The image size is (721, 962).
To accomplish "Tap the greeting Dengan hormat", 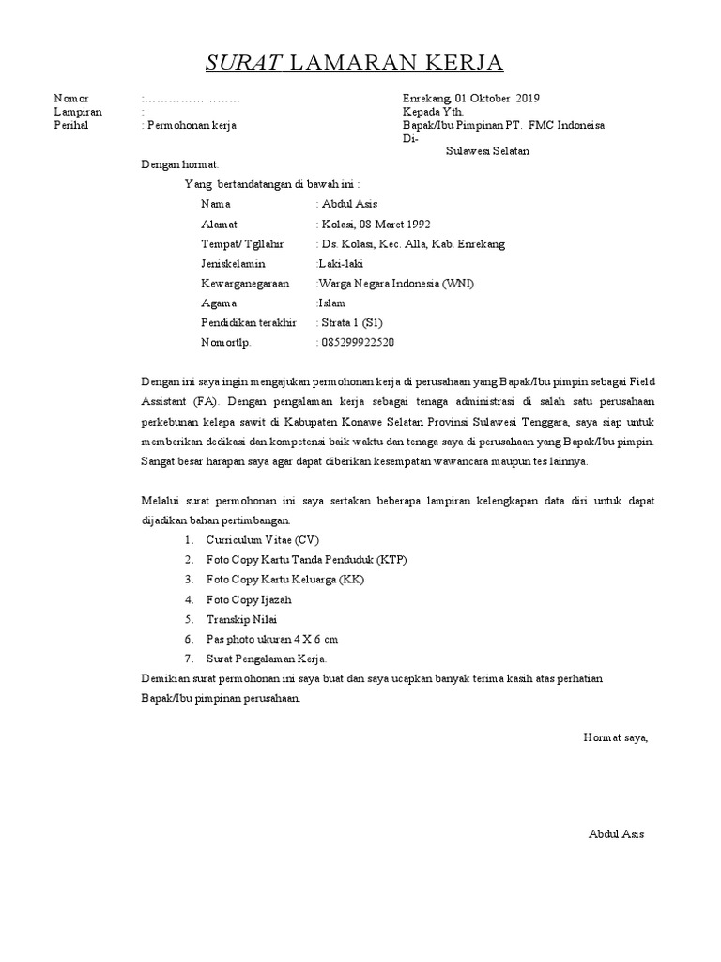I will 179,164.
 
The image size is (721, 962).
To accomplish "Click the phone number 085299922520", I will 357,342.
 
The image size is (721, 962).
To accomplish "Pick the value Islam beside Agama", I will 332,303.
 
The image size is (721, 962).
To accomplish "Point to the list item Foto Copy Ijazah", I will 249,599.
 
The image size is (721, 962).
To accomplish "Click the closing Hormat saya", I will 615,737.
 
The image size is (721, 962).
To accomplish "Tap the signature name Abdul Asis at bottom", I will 617,833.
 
